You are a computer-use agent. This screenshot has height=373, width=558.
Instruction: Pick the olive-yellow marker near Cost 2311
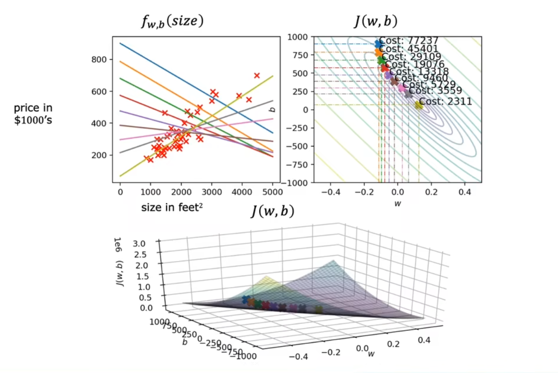(419, 105)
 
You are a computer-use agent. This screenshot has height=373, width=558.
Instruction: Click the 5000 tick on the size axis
(273, 192)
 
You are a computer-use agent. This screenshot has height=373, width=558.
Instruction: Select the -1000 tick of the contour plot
(297, 183)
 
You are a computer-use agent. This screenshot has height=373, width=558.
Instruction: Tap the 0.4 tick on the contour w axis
(464, 192)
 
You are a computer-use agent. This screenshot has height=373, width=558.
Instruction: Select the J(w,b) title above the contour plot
(376, 21)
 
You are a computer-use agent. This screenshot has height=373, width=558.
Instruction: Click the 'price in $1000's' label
(33, 114)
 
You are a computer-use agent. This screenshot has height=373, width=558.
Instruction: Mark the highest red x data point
(257, 75)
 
